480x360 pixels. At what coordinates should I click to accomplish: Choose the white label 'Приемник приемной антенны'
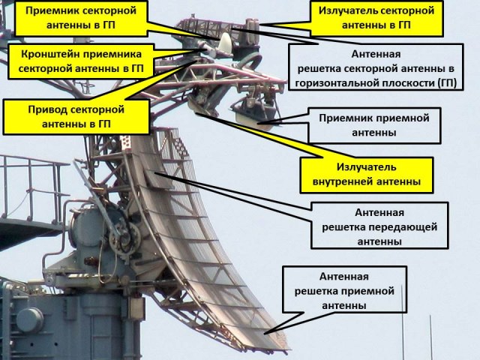coord(373,125)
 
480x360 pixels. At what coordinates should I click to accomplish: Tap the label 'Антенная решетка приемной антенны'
coord(344,290)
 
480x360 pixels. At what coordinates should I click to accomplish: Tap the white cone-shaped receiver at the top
coord(225,43)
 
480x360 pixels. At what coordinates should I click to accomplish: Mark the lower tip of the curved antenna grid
coord(280,347)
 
